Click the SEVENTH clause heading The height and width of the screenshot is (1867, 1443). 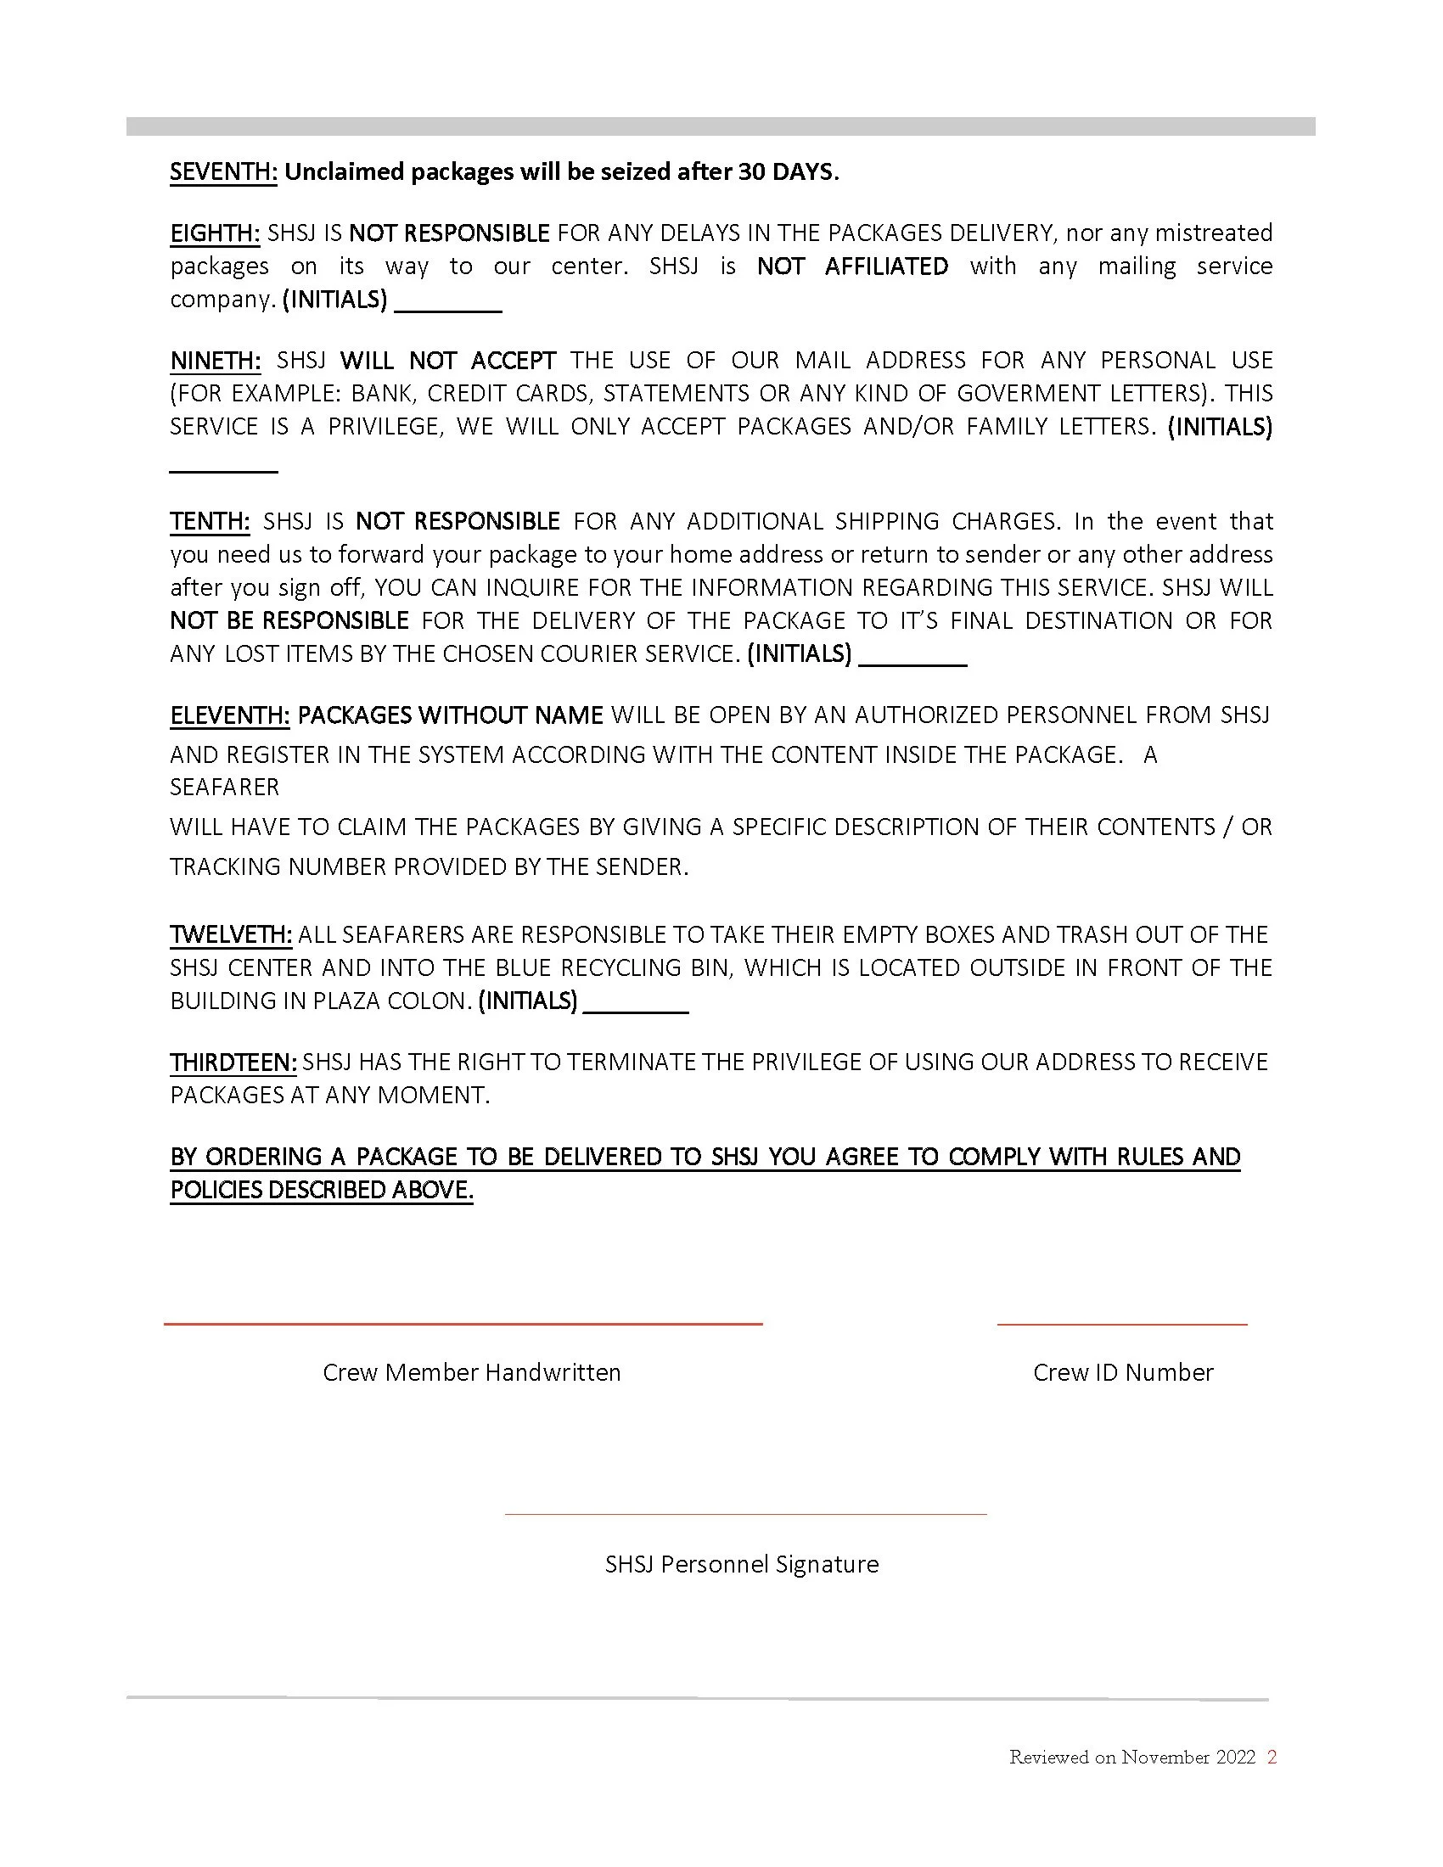pos(223,171)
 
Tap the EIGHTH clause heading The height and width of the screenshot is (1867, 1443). pos(215,233)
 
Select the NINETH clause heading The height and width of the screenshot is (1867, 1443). pos(216,361)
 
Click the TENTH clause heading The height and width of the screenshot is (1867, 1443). pos(210,521)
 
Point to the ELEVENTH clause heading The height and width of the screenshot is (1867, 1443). pos(230,715)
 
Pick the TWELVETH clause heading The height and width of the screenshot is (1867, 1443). pos(231,934)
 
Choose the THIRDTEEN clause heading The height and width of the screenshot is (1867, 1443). pos(233,1062)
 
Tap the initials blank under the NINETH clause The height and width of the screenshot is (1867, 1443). pos(224,468)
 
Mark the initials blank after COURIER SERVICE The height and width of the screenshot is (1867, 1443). pos(912,663)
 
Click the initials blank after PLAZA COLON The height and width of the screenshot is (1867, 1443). pos(635,1011)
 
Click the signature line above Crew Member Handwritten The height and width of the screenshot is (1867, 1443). pos(463,1324)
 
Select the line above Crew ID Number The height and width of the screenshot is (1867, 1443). pos(1121,1324)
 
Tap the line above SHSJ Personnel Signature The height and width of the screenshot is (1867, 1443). pos(745,1514)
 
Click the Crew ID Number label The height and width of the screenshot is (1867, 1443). pos(1122,1372)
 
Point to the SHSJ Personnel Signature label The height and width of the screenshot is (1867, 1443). pos(742,1563)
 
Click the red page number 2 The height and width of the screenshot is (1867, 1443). pos(1272,1757)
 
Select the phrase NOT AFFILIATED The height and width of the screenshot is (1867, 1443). pos(852,266)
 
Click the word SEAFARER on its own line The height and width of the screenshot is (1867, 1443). pos(225,787)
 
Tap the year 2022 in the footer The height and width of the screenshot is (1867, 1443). pos(1235,1757)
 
